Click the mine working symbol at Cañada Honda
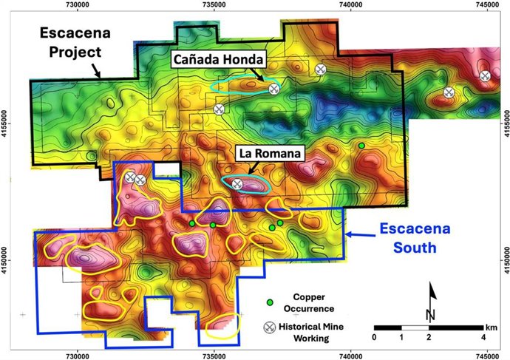[274, 89]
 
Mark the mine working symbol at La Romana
[237, 184]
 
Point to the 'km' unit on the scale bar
[491, 327]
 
